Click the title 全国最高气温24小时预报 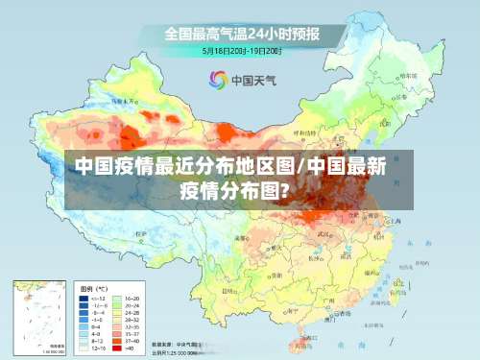click(x=241, y=34)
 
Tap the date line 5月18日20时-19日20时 click(x=241, y=50)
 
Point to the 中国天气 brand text click(x=252, y=81)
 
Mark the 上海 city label click(x=396, y=223)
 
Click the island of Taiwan click(x=394, y=298)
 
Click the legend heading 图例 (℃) click(x=93, y=288)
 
